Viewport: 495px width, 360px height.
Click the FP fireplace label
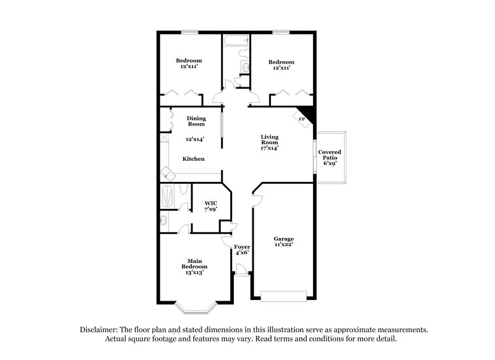(x=302, y=119)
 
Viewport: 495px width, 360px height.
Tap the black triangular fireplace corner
(x=311, y=113)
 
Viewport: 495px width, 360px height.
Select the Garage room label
(x=283, y=239)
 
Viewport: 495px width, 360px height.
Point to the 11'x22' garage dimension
(x=283, y=245)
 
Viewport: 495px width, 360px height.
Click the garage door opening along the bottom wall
(x=283, y=296)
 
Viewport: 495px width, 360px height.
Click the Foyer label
(x=242, y=247)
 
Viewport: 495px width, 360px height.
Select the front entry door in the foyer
(x=242, y=269)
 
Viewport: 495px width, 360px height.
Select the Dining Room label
(x=196, y=121)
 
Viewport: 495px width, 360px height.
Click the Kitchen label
(x=193, y=159)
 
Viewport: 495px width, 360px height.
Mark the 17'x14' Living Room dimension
(x=269, y=148)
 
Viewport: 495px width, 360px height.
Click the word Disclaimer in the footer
(x=101, y=330)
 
